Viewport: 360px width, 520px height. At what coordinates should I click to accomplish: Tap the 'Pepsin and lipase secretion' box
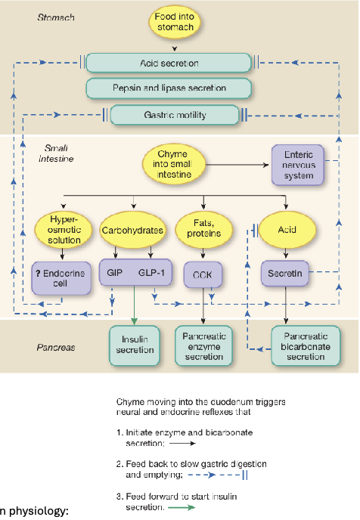point(169,88)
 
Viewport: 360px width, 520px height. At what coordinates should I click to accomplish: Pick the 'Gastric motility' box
point(169,116)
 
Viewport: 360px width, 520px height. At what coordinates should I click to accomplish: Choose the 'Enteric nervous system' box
point(298,165)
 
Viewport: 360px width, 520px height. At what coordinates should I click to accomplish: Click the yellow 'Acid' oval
point(286,228)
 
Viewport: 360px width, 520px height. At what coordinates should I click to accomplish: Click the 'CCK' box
point(203,276)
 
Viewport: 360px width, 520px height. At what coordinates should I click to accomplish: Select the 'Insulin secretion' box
point(136,344)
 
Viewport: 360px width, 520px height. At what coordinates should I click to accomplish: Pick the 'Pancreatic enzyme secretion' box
point(204,344)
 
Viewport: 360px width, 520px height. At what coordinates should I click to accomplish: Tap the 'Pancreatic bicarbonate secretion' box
point(302,344)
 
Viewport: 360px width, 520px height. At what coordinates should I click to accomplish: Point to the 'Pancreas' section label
point(57,349)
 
